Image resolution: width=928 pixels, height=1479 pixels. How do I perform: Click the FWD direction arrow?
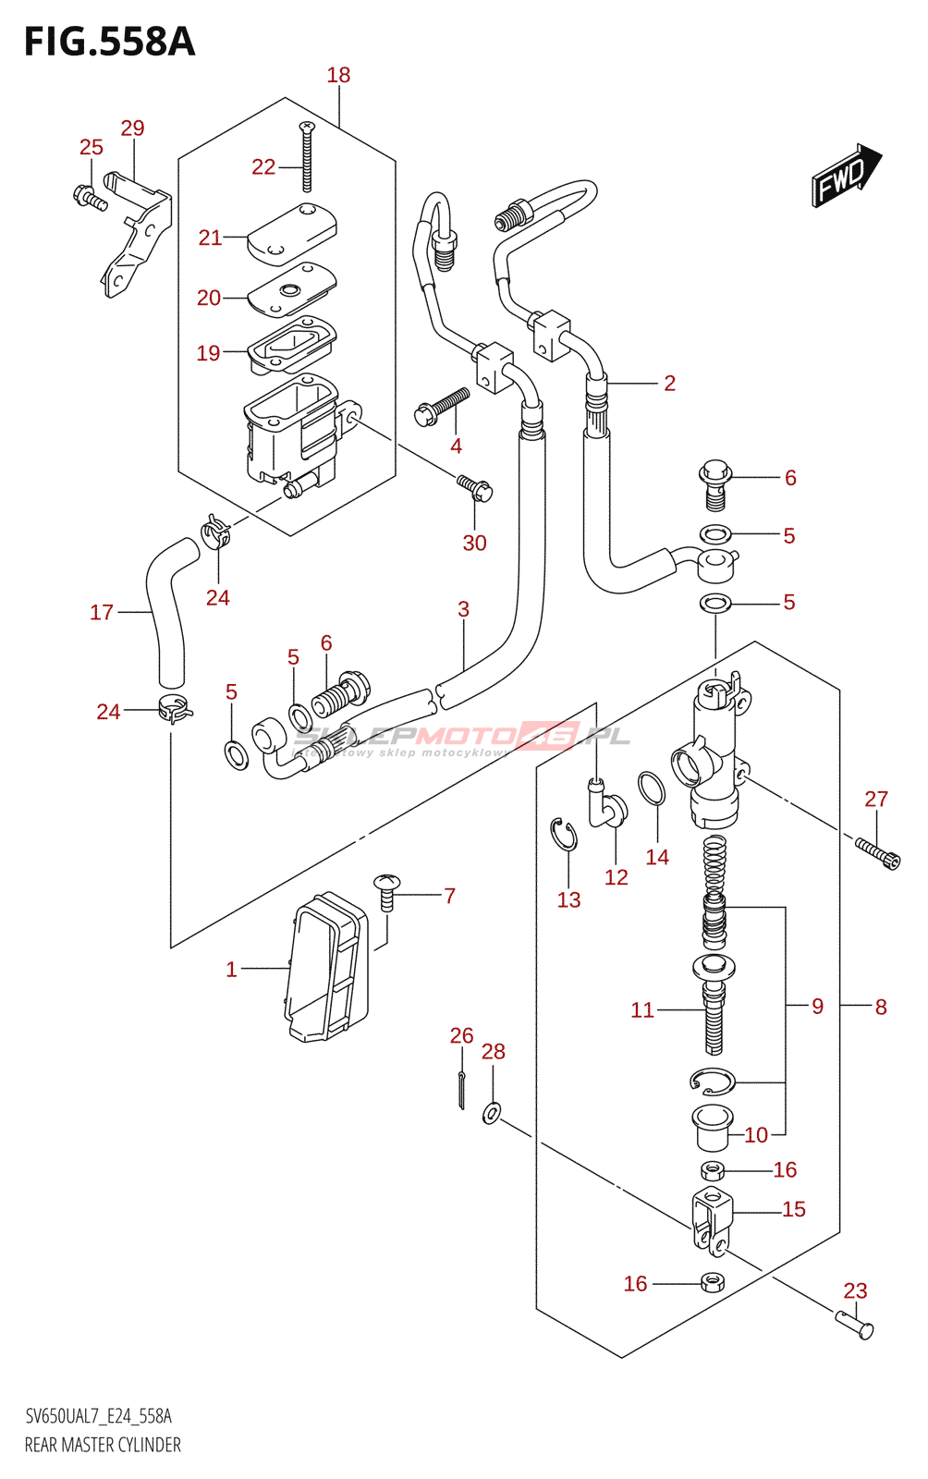click(846, 175)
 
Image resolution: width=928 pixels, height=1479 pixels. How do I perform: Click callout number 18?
click(338, 75)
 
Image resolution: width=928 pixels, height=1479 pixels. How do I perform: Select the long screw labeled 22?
click(307, 156)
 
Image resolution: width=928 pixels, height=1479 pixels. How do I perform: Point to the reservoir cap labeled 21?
click(292, 234)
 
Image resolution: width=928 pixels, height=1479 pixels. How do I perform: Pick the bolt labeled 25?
click(90, 197)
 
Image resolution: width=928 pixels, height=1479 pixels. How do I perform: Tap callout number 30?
click(474, 543)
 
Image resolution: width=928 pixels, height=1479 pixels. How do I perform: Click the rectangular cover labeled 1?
click(326, 967)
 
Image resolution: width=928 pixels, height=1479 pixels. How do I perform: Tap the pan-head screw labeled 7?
click(386, 891)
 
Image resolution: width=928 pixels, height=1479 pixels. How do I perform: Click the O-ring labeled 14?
click(651, 788)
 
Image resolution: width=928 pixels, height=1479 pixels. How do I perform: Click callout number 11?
click(642, 1009)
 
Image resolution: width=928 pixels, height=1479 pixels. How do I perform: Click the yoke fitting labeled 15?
click(712, 1221)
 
